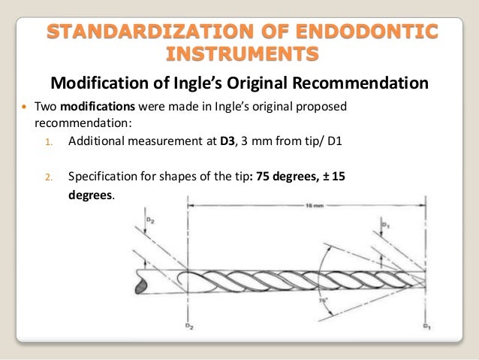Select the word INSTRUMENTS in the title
coord(240,55)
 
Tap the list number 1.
coord(48,141)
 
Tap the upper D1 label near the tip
coord(384,223)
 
